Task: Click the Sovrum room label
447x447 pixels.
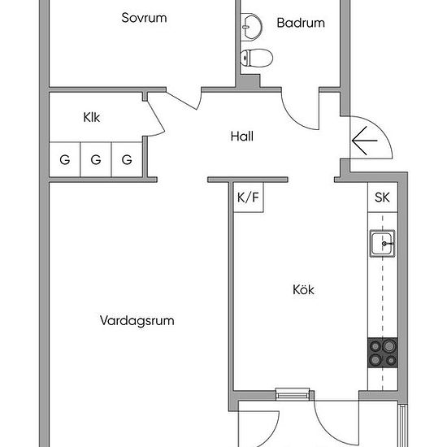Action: [x=144, y=18]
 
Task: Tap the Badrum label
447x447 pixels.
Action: [x=301, y=23]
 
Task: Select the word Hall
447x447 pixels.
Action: [x=242, y=137]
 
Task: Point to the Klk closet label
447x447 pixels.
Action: [x=92, y=117]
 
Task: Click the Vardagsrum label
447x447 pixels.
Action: [x=137, y=320]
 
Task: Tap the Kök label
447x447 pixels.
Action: [x=303, y=289]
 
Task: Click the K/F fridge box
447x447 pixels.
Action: [x=249, y=197]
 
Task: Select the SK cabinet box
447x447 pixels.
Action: [x=383, y=197]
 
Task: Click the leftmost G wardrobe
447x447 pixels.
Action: [x=65, y=159]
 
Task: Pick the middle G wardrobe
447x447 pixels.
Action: [x=96, y=159]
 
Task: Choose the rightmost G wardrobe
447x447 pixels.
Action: [x=127, y=159]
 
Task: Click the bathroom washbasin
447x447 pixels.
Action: [x=251, y=27]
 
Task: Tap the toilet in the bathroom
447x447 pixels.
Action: [x=256, y=58]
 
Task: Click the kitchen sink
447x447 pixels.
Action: [x=382, y=244]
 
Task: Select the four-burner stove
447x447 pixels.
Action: [x=383, y=353]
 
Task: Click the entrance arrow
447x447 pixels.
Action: [x=365, y=141]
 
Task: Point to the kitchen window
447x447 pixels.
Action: [x=293, y=394]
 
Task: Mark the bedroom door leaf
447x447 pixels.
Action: [x=181, y=101]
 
